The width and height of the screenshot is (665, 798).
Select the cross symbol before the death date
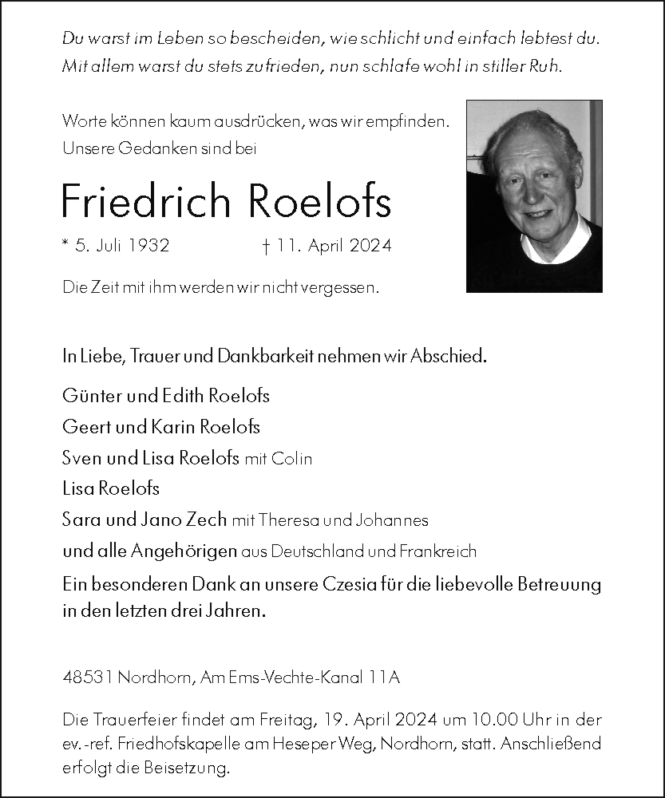coord(264,246)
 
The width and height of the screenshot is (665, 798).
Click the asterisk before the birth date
coord(65,244)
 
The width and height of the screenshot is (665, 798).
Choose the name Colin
coord(291,459)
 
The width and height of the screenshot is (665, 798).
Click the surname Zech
coord(207,519)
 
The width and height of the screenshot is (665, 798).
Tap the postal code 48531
coord(88,678)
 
